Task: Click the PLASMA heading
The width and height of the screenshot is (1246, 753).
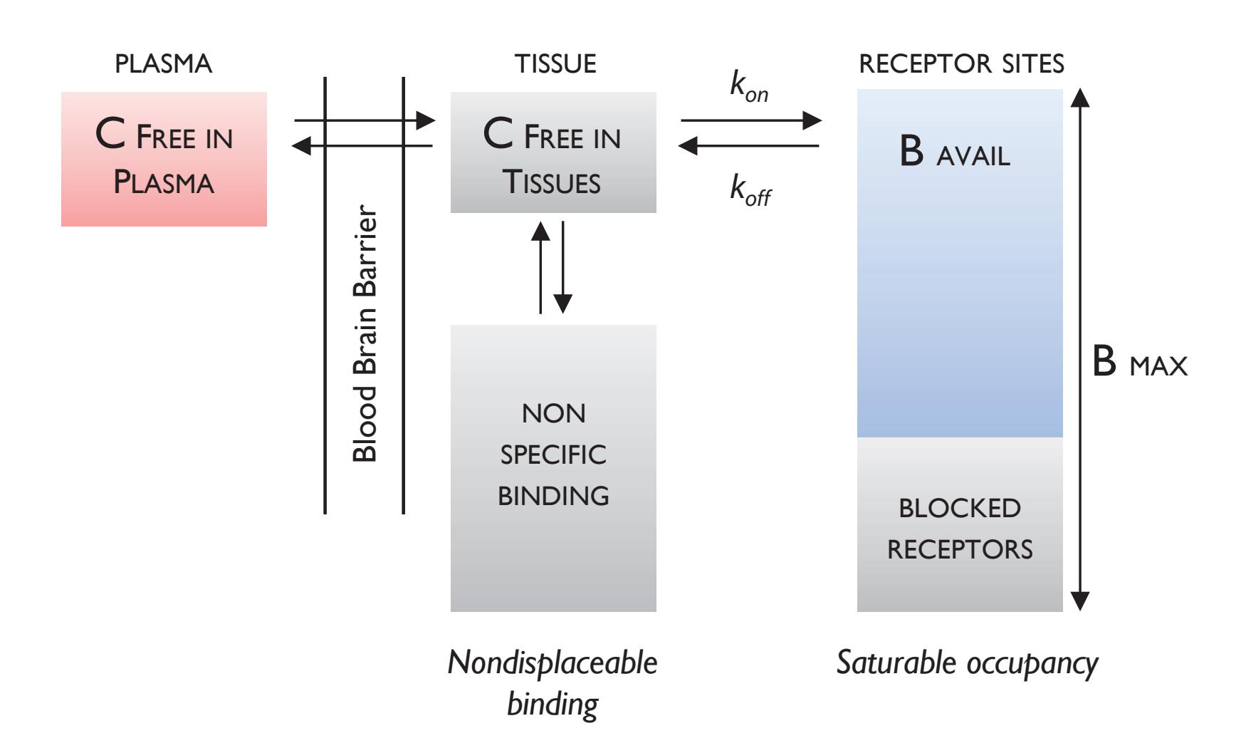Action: (x=163, y=64)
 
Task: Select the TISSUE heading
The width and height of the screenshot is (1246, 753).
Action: (x=555, y=64)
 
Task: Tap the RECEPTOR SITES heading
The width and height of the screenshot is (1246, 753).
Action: (x=961, y=64)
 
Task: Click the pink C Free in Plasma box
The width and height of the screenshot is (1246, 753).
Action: (x=164, y=159)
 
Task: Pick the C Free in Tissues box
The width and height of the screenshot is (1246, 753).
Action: (x=553, y=152)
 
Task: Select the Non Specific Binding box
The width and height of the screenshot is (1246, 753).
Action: (x=553, y=468)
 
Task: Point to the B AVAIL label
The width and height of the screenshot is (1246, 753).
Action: (x=955, y=154)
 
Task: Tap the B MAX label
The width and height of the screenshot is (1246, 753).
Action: (x=1140, y=365)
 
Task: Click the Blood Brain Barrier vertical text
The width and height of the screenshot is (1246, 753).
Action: (x=365, y=334)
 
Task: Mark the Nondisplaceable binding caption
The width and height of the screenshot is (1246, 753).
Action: (x=553, y=683)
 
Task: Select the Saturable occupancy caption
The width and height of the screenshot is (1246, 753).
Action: (x=966, y=663)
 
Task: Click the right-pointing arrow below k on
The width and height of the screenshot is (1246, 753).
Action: (x=751, y=120)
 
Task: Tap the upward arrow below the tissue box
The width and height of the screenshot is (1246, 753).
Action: (x=540, y=266)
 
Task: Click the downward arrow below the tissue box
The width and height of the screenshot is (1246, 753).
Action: (x=562, y=266)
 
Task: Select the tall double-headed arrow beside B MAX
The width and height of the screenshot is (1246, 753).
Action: (x=1080, y=349)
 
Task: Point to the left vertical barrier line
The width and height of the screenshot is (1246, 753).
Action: (x=325, y=295)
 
